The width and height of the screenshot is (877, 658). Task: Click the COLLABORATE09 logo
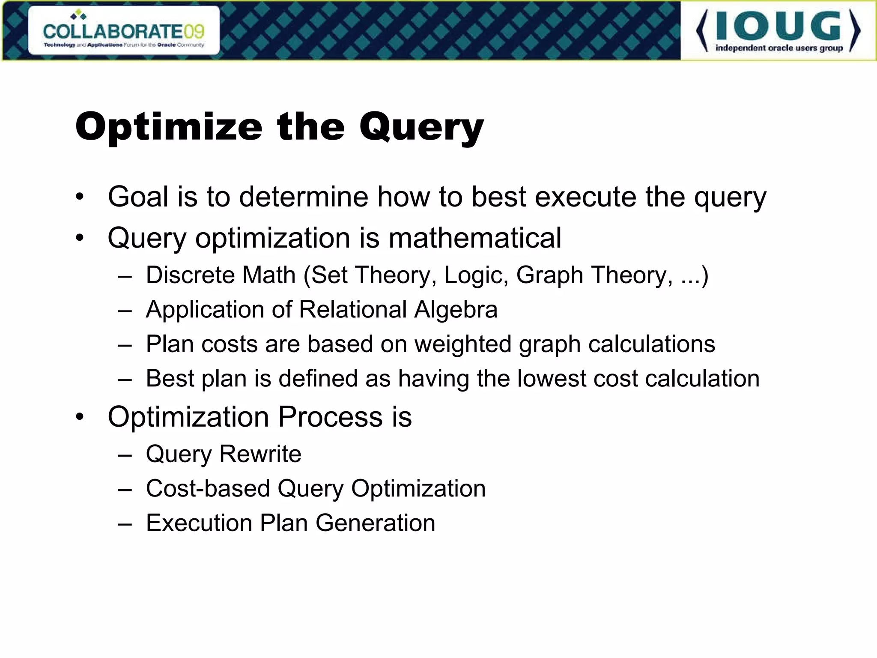coord(124,31)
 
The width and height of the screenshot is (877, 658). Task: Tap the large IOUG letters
coord(778,27)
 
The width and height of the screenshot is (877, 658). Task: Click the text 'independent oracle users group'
coord(779,48)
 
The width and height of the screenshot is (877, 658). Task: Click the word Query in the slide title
coord(421,127)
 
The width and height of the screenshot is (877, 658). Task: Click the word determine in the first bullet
coord(303,197)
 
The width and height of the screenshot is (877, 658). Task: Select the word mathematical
coord(474,238)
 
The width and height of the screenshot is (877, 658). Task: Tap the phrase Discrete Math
coord(221,275)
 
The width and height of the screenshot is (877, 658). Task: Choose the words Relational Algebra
coord(398,310)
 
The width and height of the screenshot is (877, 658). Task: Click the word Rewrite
coord(260,454)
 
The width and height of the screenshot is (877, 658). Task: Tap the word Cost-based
coord(208,489)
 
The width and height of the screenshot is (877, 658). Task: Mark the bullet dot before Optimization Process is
coord(80,417)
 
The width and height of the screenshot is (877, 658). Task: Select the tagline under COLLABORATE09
coord(124,45)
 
